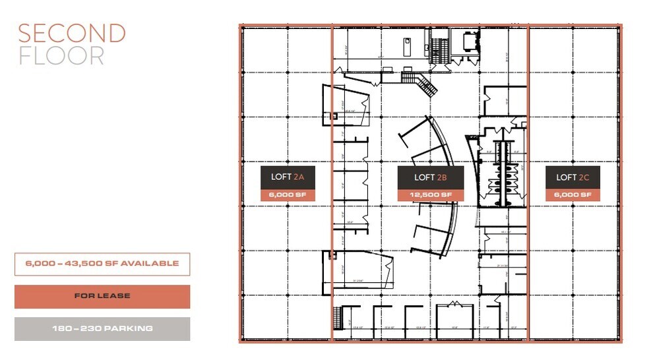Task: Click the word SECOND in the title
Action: click(x=71, y=34)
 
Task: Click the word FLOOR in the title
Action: click(x=61, y=56)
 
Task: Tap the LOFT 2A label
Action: click(x=288, y=177)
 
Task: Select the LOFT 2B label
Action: click(x=430, y=177)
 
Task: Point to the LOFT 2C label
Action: click(x=572, y=177)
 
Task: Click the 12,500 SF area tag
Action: click(x=430, y=195)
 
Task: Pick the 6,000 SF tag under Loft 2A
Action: click(x=288, y=195)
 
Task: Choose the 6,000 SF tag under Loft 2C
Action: click(x=572, y=195)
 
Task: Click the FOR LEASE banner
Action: click(x=102, y=296)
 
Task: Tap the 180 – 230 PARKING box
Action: click(x=102, y=328)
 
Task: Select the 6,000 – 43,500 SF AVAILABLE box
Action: click(x=102, y=264)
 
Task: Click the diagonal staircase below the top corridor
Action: click(x=426, y=84)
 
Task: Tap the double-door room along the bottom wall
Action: click(x=454, y=316)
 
